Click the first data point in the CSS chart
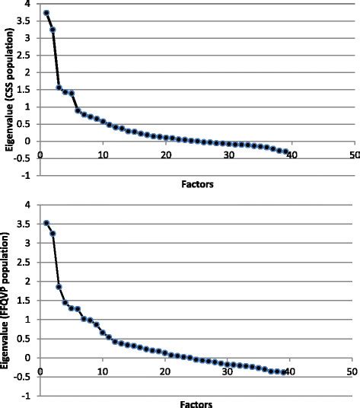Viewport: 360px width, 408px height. pos(46,13)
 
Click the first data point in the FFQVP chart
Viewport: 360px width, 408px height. pos(46,223)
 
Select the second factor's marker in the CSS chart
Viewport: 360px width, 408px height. pos(53,30)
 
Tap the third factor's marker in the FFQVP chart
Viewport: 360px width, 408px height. pos(59,287)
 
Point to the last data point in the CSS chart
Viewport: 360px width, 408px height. pos(285,151)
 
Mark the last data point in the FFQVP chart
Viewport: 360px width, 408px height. pos(285,371)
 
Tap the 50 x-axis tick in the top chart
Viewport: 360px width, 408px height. pos(353,156)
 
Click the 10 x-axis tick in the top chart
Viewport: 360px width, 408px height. pos(102,156)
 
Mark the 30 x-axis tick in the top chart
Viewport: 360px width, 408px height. pos(228,156)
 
